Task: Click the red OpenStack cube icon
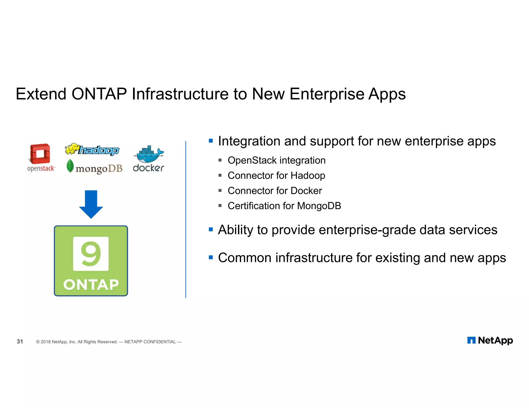(40, 153)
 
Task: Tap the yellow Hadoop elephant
(72, 149)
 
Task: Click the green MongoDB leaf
(70, 166)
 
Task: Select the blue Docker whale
(148, 154)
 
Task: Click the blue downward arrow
(91, 204)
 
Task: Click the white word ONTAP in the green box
(91, 284)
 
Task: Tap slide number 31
(20, 341)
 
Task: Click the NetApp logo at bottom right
(490, 340)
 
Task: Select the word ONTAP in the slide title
(99, 94)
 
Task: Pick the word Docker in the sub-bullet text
(306, 191)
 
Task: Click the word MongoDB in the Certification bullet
(319, 206)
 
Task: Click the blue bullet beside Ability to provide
(211, 229)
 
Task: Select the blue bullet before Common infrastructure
(211, 257)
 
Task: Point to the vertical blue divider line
(186, 219)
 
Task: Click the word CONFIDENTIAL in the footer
(159, 342)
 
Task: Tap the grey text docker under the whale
(149, 168)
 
